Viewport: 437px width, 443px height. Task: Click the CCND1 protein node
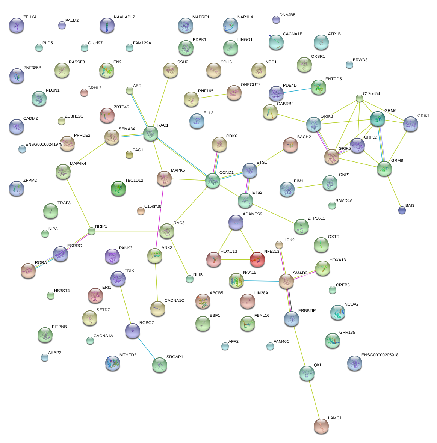pyautogui.click(x=213, y=181)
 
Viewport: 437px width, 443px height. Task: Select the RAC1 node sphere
pyautogui.click(x=151, y=133)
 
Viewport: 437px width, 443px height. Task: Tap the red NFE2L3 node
pyautogui.click(x=257, y=259)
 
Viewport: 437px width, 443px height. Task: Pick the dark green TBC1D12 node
pyautogui.click(x=119, y=188)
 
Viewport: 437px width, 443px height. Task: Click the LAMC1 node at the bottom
pyautogui.click(x=321, y=426)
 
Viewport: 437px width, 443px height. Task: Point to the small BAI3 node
pyautogui.click(x=402, y=210)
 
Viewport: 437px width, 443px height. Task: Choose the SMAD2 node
pyautogui.click(x=286, y=281)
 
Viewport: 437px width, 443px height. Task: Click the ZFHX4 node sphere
pyautogui.click(x=16, y=25)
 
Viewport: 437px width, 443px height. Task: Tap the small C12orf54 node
pyautogui.click(x=360, y=99)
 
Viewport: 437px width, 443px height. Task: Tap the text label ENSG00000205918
pyautogui.click(x=380, y=355)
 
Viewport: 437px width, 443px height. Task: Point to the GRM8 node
pyautogui.click(x=384, y=169)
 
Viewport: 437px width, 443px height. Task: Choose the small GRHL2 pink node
pyautogui.click(x=84, y=93)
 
